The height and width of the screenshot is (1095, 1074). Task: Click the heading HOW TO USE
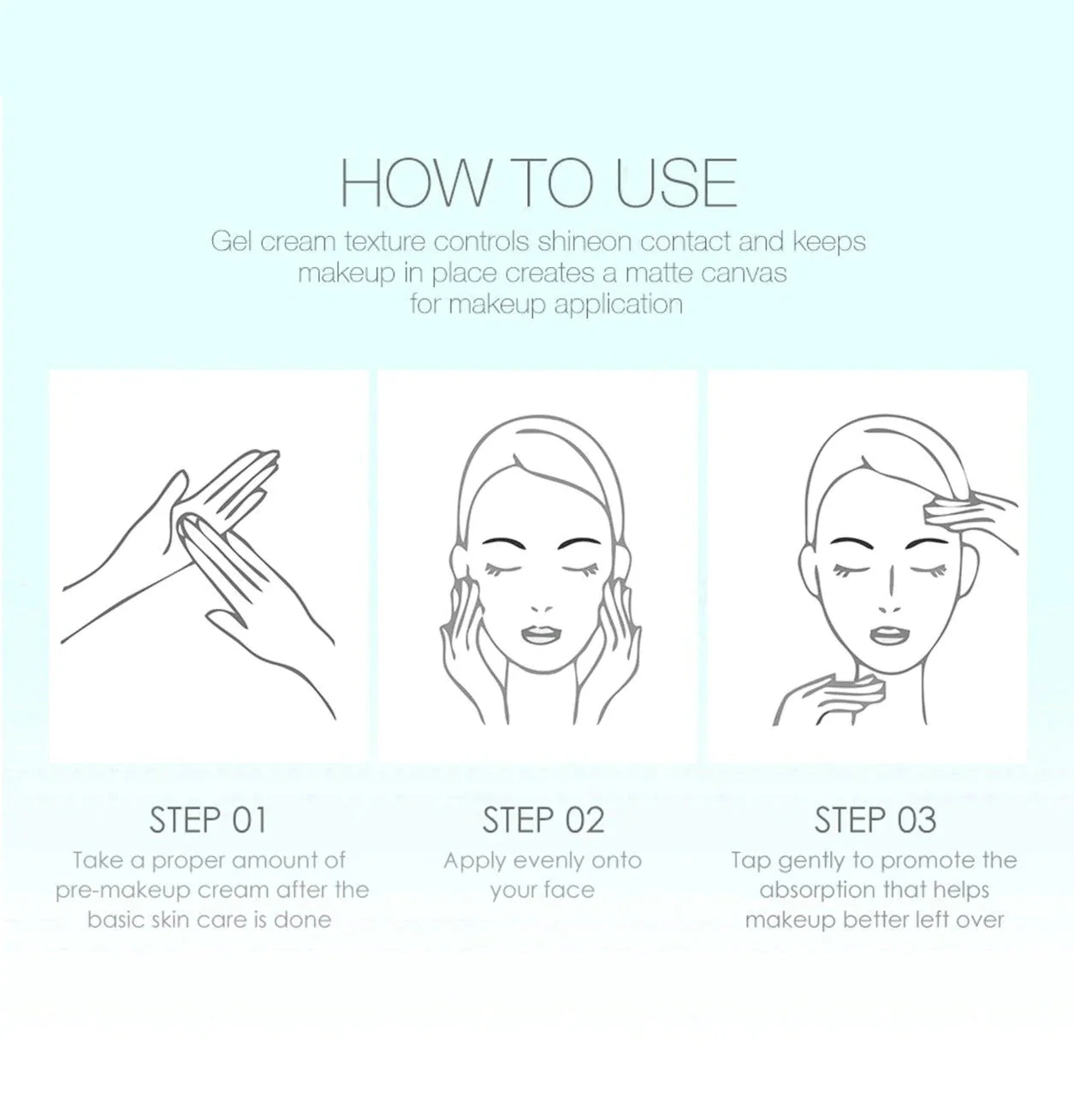[537, 183]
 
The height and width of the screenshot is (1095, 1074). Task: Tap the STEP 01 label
[208, 820]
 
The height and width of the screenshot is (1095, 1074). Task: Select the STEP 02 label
[543, 820]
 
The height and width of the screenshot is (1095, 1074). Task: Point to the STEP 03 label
[875, 820]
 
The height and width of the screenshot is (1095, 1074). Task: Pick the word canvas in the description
[744, 274]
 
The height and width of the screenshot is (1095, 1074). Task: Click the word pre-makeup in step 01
[122, 891]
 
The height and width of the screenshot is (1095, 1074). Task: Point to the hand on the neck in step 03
[830, 698]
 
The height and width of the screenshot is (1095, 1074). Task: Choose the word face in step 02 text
[570, 891]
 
